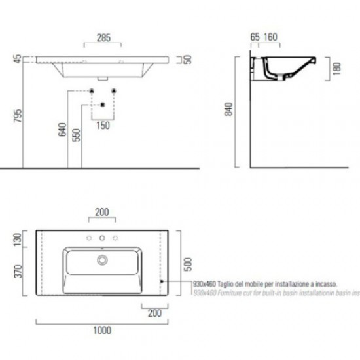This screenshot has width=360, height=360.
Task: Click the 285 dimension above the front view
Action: (x=103, y=39)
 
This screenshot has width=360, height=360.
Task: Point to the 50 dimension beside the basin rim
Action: (x=187, y=60)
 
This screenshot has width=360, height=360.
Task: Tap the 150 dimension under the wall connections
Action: (x=103, y=124)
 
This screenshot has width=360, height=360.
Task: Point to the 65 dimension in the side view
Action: (x=255, y=38)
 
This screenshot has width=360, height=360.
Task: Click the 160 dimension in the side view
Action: (x=271, y=38)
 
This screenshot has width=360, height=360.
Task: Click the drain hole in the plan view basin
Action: (x=102, y=260)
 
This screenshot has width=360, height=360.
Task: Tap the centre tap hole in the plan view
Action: (x=102, y=237)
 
